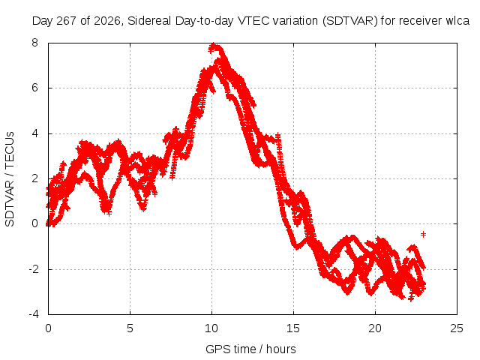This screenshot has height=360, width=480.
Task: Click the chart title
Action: click(250, 21)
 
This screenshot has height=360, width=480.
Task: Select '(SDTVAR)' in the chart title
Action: click(350, 21)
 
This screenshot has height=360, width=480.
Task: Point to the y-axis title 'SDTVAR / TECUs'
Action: click(10, 179)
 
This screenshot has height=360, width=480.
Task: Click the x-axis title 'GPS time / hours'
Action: click(250, 349)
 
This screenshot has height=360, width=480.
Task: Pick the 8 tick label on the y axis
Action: click(34, 43)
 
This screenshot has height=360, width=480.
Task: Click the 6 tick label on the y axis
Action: click(34, 88)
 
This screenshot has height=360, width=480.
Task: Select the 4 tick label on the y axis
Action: click(34, 133)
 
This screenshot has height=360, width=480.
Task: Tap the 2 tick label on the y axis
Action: click(34, 178)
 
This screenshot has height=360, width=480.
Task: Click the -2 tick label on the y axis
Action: click(33, 269)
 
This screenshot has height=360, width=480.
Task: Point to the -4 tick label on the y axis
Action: click(33, 314)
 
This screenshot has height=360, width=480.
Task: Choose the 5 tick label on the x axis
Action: click(130, 328)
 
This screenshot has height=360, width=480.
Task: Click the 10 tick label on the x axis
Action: click(211, 328)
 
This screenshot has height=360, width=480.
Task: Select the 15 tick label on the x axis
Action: click(293, 328)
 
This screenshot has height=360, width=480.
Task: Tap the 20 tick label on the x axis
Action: click(375, 328)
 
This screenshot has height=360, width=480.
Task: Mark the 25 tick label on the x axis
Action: click(457, 328)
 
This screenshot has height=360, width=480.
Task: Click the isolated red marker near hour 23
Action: click(423, 235)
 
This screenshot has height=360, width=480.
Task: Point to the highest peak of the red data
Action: click(213, 46)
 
